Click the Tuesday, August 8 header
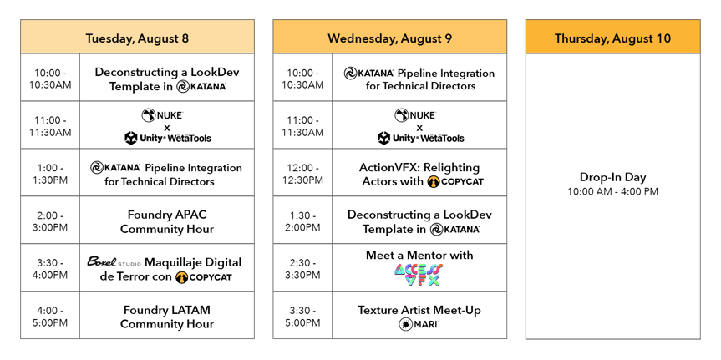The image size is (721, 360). click(x=137, y=38)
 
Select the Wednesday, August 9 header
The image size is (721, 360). click(x=389, y=38)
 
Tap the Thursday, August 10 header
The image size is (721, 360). click(x=612, y=38)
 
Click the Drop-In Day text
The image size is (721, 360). click(x=612, y=177)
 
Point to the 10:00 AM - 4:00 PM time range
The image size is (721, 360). click(x=612, y=192)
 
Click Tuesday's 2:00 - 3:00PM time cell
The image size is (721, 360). click(x=50, y=221)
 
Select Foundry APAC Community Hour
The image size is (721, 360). click(x=166, y=221)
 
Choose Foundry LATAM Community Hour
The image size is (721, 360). click(x=166, y=317)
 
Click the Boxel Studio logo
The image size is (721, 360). click(x=114, y=261)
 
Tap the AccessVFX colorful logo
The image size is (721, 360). click(x=419, y=275)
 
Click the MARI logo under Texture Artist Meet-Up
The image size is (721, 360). click(x=419, y=324)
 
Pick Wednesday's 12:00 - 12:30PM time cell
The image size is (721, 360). click(x=302, y=174)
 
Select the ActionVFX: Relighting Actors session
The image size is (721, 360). click(x=419, y=174)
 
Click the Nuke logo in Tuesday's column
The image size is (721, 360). click(x=162, y=115)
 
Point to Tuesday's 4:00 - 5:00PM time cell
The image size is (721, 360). click(x=50, y=316)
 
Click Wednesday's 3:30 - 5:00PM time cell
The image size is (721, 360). click(x=302, y=316)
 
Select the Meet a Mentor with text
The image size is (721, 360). click(x=419, y=255)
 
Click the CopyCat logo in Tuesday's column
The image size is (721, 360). click(x=204, y=276)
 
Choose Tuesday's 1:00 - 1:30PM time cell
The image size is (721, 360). click(x=50, y=174)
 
